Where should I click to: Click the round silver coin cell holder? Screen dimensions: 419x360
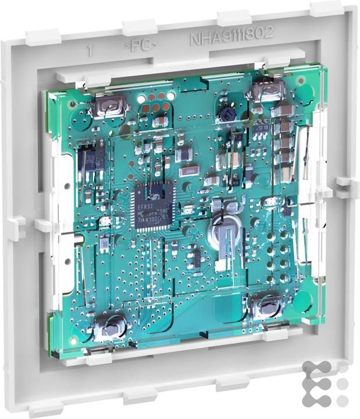pos(223,235)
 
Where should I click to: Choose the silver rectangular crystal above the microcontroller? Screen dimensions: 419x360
pos(189,171)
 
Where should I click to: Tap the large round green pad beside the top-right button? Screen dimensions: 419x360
pos(304,93)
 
